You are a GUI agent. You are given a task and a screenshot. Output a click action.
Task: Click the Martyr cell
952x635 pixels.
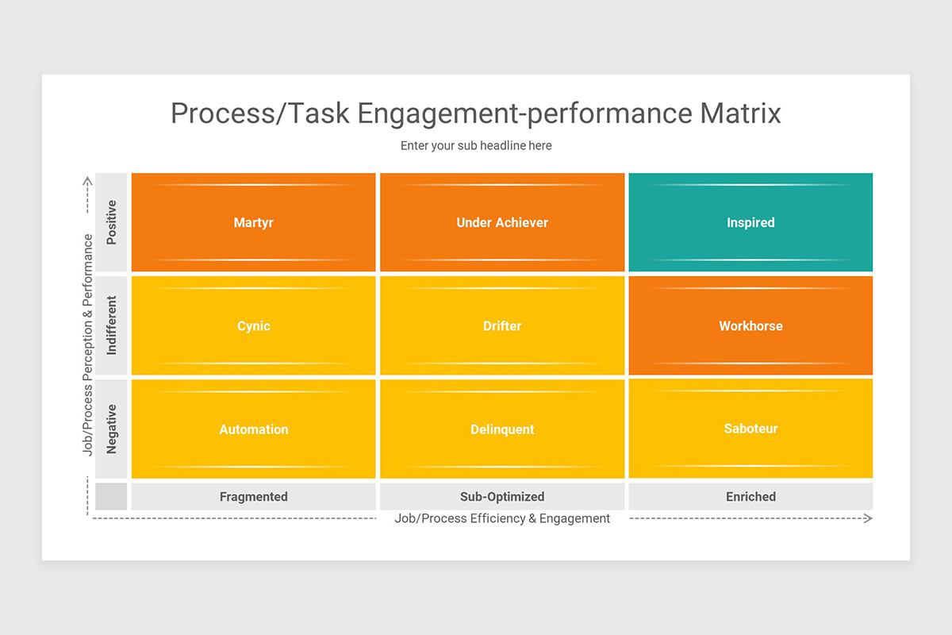[253, 223]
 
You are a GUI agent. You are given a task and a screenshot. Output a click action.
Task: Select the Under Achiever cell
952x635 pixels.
[502, 223]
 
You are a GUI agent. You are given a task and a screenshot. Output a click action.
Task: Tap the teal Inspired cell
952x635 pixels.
[750, 223]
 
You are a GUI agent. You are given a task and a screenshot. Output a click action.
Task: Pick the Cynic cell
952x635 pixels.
[253, 326]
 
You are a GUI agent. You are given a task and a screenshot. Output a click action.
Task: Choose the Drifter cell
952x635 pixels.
[502, 326]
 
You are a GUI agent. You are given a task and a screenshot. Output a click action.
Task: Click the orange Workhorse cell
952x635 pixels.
[750, 326]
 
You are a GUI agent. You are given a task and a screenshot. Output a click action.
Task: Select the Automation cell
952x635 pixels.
[253, 429]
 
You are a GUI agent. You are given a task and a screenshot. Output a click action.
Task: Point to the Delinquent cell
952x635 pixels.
[502, 429]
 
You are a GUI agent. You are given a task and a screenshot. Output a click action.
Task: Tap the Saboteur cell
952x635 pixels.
[750, 429]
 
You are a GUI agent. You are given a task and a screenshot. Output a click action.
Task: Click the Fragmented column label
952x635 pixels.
[253, 497]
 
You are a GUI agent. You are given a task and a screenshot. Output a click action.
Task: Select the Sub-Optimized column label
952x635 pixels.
[502, 497]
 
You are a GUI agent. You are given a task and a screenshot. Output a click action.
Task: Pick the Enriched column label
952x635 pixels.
[750, 497]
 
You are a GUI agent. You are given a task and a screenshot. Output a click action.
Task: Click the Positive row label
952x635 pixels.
[111, 222]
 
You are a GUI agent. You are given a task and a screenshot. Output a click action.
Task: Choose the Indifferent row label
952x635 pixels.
[111, 325]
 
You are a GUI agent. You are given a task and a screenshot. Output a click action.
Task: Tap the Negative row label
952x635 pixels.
[111, 429]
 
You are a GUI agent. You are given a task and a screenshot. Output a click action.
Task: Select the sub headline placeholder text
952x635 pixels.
[476, 146]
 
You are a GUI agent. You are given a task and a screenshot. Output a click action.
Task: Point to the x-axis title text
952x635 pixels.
[502, 518]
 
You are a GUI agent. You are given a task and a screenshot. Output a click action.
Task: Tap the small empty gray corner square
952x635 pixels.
[111, 497]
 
